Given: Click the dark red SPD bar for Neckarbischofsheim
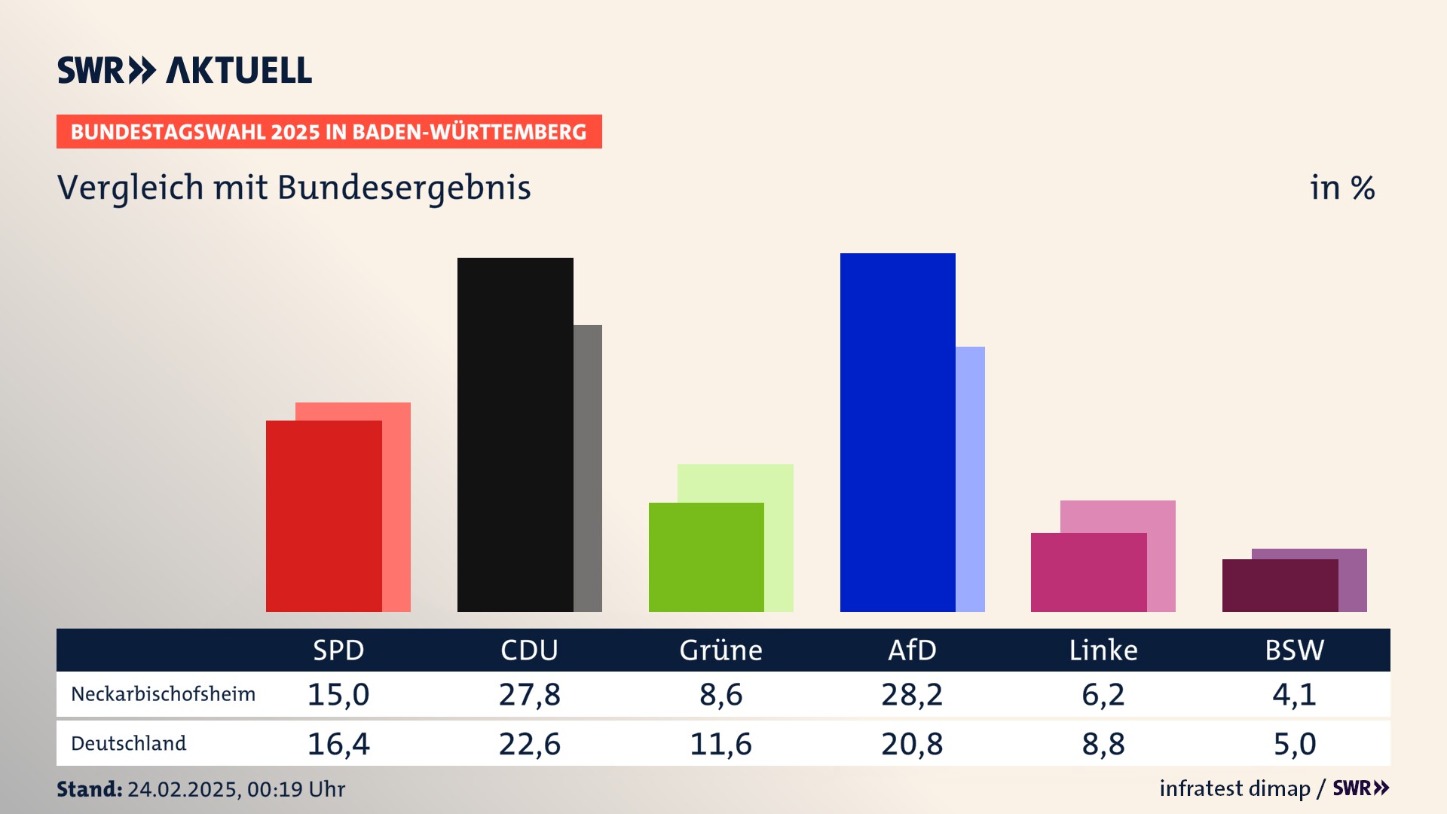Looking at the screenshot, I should pos(323,516).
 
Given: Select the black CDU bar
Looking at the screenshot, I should pos(515,434).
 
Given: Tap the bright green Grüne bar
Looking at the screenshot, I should pos(706,557).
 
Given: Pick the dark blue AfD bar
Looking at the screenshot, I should pos(898,432).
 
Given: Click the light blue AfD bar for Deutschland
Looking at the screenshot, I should pos(971,479).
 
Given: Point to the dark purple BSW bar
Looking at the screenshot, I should pos(1280,585).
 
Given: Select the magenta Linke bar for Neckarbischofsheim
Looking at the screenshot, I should pos(1088,572).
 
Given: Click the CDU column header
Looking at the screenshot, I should pos(529,650).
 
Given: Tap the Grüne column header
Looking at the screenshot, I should pos(720,650).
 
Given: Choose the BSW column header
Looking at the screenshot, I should pos(1294,650).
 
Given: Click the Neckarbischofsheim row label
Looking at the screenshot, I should pos(163,694).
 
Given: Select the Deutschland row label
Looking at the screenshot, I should pos(128,744).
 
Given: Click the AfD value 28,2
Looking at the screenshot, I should pos(912,694).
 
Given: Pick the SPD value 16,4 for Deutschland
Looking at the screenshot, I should pos(338,744).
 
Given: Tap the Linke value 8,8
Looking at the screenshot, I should pos(1103,744).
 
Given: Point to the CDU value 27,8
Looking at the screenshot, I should pos(529,694).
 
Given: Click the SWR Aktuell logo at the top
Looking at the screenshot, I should pos(184,70).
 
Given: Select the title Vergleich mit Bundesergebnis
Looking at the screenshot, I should pos(294,188).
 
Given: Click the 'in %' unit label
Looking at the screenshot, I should pos(1342,188).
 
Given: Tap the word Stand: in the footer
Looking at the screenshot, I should pos(89,789).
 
